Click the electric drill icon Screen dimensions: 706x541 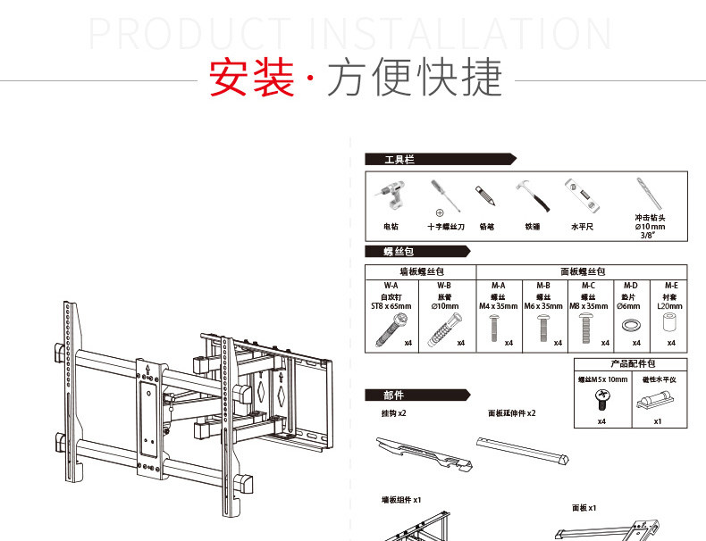[391, 196]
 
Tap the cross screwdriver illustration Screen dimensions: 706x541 [439, 196]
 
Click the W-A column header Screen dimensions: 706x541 [391, 285]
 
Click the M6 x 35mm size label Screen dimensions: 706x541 [542, 306]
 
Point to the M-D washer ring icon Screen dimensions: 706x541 [630, 322]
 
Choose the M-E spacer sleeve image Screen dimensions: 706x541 [669, 322]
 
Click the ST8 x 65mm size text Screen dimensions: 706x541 [391, 306]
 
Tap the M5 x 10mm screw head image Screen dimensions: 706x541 [602, 403]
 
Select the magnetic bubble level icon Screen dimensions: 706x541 [657, 403]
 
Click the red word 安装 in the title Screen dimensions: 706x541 [251, 79]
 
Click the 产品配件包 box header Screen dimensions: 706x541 [631, 364]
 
